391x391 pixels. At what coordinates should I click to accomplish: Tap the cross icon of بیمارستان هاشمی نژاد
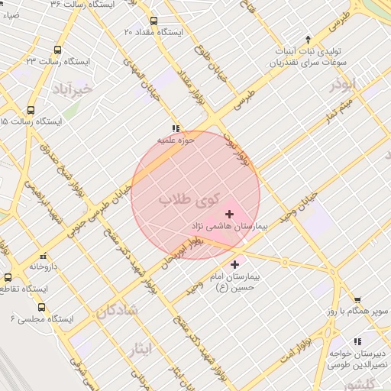230,214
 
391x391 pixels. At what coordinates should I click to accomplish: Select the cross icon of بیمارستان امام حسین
234,263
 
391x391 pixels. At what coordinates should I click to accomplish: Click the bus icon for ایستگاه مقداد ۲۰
154,21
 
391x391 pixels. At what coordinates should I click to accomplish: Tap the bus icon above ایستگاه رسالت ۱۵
31,110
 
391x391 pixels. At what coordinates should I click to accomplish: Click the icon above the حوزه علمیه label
176,128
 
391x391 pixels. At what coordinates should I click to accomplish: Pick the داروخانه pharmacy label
44,267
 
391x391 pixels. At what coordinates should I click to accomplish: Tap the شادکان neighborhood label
117,311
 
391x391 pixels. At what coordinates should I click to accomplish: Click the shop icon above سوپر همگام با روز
357,300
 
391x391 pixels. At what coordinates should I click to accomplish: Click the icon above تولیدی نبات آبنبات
308,39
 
